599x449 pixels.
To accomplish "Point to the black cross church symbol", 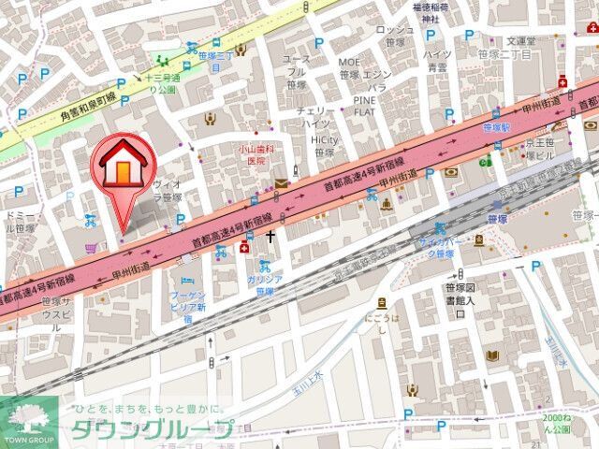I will (271, 237).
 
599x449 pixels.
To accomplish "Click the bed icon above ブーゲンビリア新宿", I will (186, 280).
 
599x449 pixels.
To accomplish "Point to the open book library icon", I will (477, 240).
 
